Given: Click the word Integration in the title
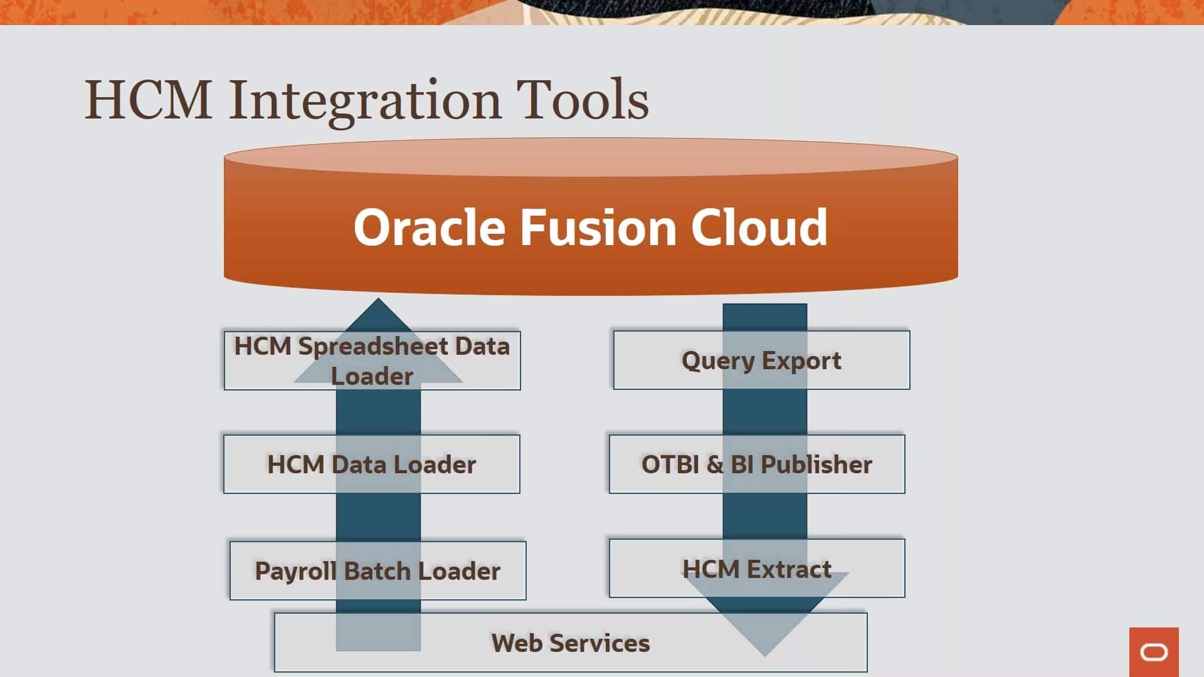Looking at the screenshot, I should click(364, 100).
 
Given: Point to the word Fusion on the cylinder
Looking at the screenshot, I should click(598, 227).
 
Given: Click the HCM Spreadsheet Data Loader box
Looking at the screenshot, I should click(372, 360).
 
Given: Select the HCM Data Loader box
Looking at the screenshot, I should click(371, 464).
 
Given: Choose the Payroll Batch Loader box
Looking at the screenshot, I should click(378, 571).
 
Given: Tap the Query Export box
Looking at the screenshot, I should click(761, 360).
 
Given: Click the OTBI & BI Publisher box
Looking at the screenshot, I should click(757, 464).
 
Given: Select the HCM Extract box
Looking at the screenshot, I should click(757, 569).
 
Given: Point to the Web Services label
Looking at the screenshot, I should click(571, 643).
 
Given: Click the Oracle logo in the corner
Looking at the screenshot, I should click(1154, 653).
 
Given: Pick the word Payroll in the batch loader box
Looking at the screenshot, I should click(295, 571).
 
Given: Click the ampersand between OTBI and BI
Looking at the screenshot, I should click(715, 464).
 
